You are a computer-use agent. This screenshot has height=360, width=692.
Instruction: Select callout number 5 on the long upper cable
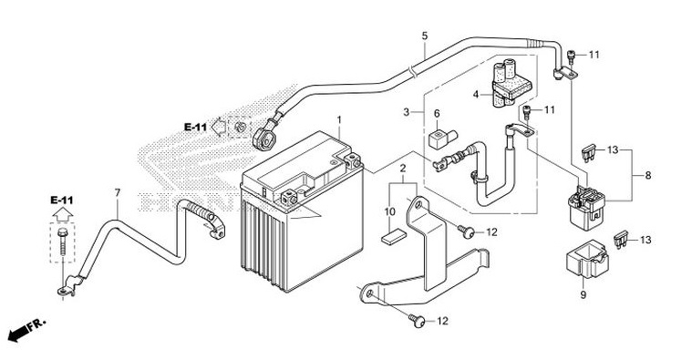coord(424,36)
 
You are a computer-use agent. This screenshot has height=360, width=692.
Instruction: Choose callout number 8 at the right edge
coord(648,174)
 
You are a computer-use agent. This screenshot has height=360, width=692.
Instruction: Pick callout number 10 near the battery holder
coord(389,211)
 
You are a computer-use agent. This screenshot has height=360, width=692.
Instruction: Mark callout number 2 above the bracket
coord(402,170)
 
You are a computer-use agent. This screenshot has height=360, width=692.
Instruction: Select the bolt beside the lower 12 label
coord(418,320)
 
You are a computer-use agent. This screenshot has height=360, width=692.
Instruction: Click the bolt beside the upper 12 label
coord(467,232)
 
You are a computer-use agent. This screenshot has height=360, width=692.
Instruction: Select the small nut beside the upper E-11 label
coord(241,127)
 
